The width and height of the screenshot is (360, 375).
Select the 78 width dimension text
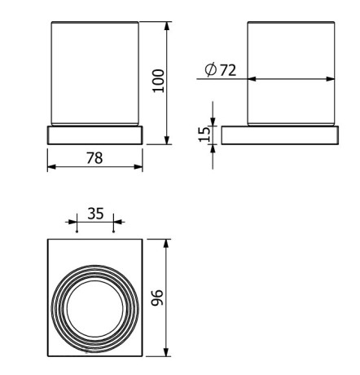(x=94, y=157)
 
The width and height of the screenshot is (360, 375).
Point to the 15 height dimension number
(x=204, y=131)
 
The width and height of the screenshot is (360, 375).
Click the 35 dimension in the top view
(x=94, y=214)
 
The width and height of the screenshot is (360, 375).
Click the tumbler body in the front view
(x=94, y=73)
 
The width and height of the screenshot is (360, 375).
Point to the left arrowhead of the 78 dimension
(x=50, y=166)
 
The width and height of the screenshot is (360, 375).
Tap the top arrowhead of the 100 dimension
(x=167, y=24)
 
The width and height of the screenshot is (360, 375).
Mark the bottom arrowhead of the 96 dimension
(x=167, y=355)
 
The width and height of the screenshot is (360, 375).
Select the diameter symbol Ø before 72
(x=211, y=71)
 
